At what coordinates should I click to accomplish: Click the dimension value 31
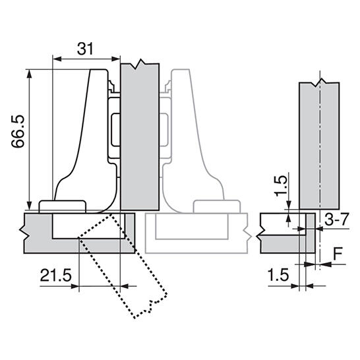(85, 49)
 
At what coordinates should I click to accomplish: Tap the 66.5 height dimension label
(18, 131)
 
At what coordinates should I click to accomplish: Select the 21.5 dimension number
(56, 275)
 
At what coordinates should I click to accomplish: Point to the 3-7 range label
(337, 220)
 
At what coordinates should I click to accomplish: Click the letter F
(338, 254)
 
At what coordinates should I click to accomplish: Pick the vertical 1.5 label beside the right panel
(282, 185)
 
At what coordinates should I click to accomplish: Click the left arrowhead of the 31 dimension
(57, 59)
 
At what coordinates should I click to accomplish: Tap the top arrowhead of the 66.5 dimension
(29, 73)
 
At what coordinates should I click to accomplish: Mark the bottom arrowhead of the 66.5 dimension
(29, 206)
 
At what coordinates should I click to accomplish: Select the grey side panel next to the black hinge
(140, 136)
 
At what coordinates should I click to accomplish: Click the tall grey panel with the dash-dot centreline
(319, 144)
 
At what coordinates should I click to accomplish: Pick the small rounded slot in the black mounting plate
(115, 130)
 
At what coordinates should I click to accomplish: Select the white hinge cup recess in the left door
(88, 226)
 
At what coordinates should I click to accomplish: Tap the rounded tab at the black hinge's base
(62, 206)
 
